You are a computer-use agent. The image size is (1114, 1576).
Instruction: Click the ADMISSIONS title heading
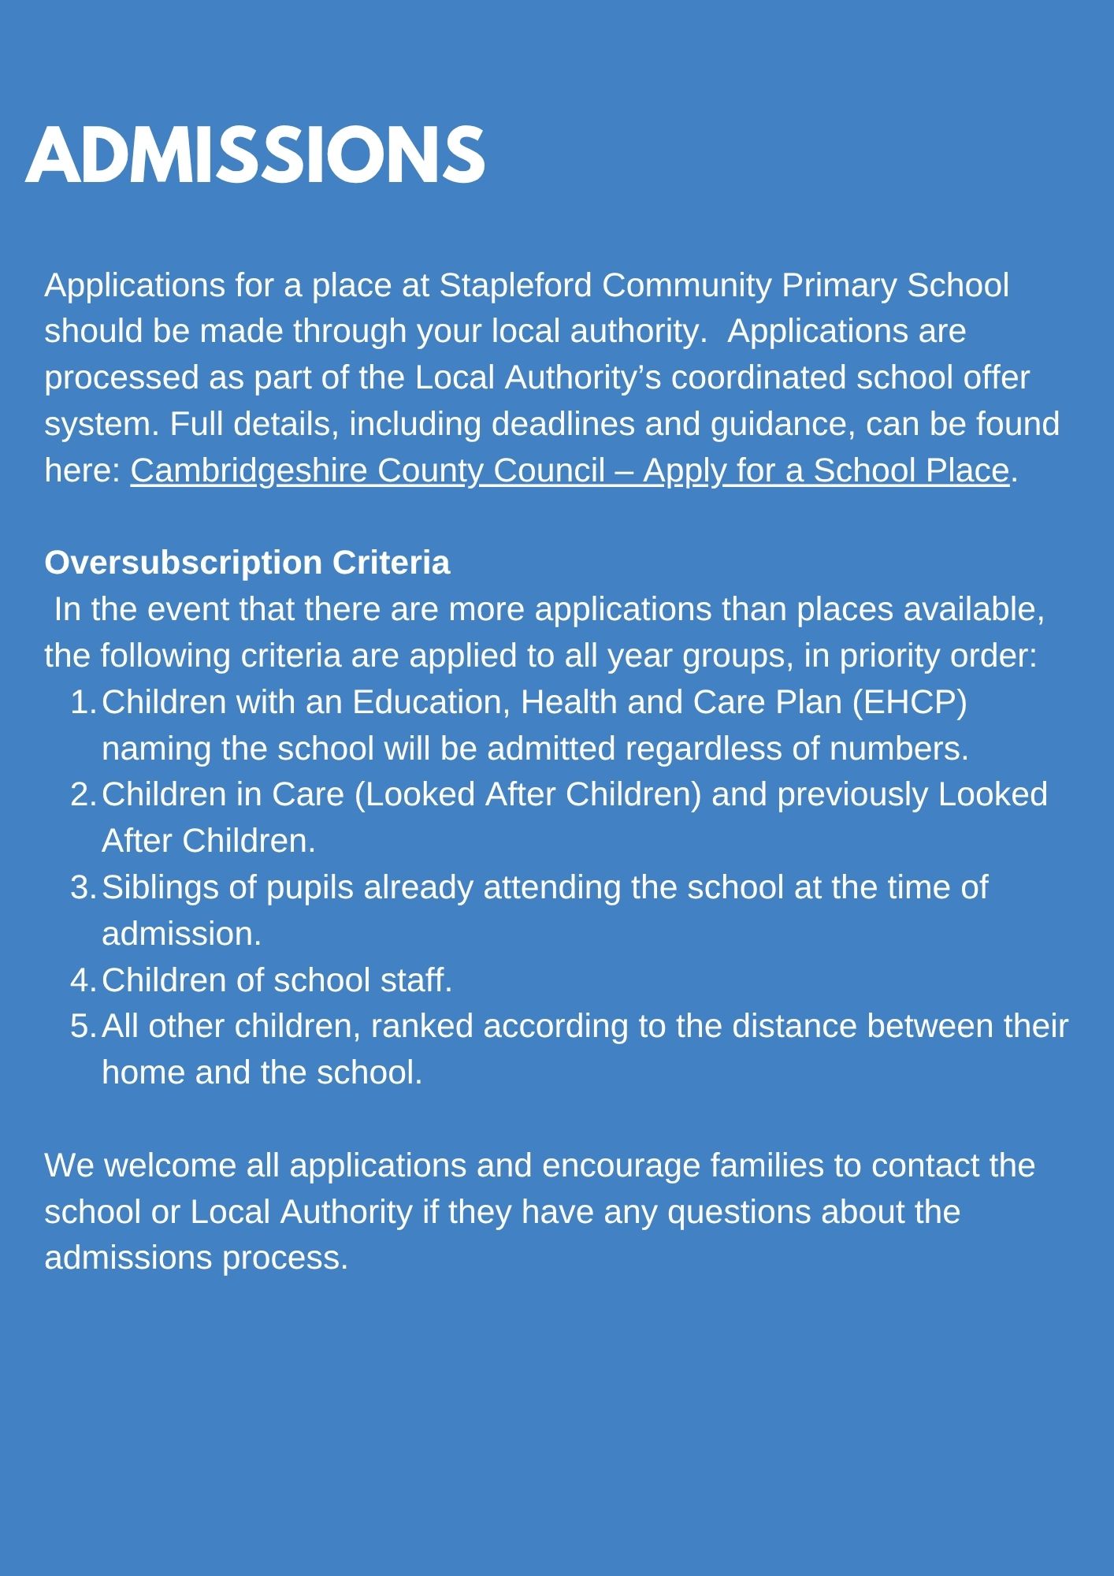255,155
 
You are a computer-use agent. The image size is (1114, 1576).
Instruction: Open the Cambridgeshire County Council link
569,470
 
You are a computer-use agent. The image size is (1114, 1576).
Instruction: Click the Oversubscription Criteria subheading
247,563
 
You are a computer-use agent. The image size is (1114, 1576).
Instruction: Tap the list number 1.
83,702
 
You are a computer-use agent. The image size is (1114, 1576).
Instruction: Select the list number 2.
83,794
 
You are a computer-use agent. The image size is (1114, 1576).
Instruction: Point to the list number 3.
83,887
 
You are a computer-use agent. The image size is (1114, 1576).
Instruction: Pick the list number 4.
83,980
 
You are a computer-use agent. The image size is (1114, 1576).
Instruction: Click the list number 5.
83,1026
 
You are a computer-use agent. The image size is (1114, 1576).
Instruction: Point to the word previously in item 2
852,794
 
